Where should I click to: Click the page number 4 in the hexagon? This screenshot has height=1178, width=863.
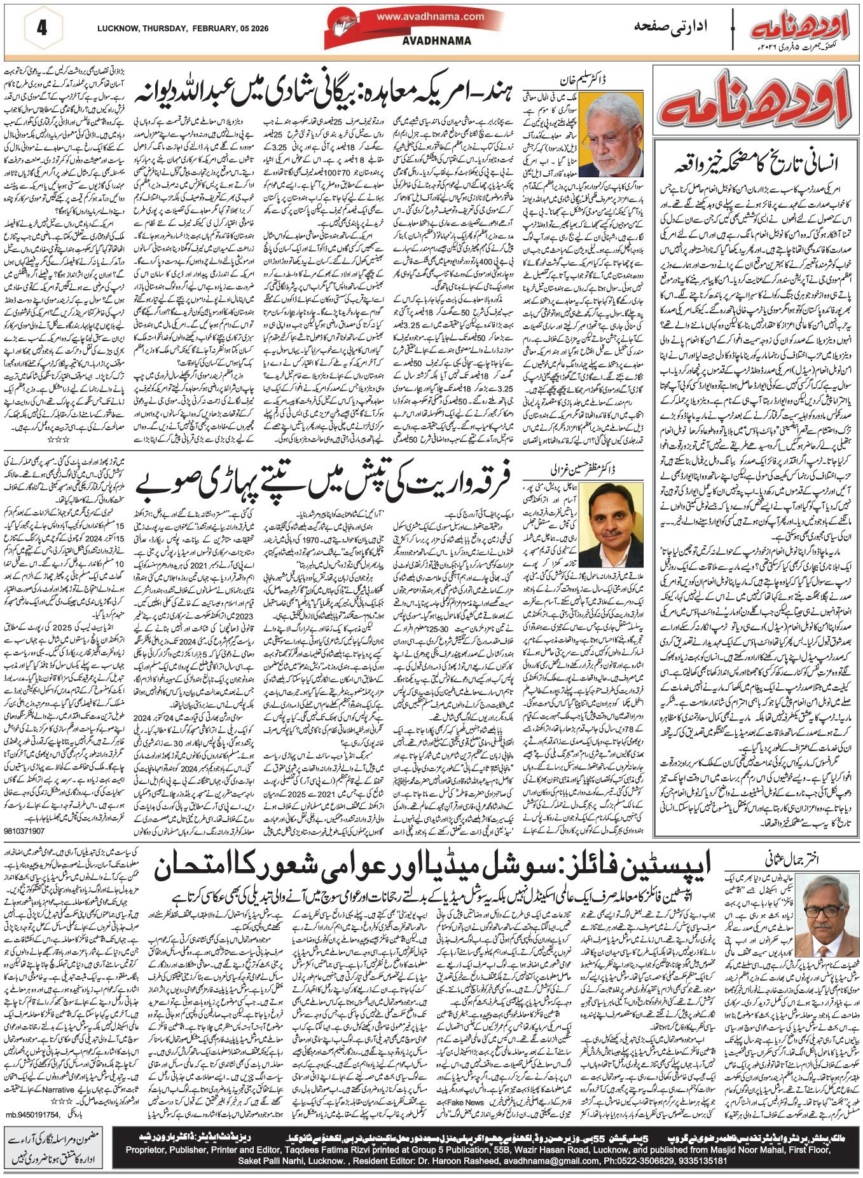coord(42,29)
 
